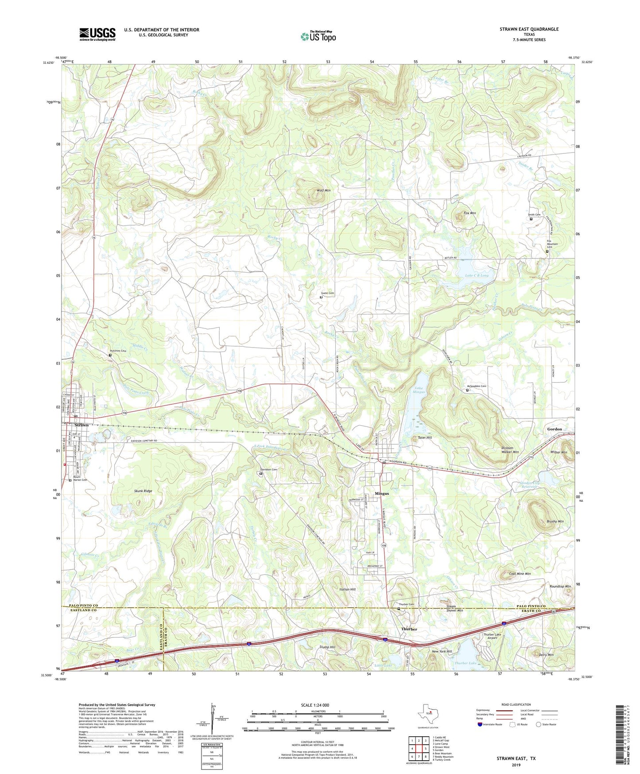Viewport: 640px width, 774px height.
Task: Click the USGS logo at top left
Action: pyautogui.click(x=97, y=34)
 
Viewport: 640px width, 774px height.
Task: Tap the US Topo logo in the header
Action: pyautogui.click(x=318, y=36)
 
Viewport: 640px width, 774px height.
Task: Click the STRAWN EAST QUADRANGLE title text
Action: pyautogui.click(x=529, y=29)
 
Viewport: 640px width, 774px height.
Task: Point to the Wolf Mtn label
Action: pyautogui.click(x=323, y=190)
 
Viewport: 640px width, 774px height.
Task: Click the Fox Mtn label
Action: pyautogui.click(x=469, y=213)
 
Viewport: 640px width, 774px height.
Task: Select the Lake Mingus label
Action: pyautogui.click(x=419, y=390)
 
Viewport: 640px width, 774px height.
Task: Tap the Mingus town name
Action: pyautogui.click(x=381, y=493)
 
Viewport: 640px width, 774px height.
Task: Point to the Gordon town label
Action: pyautogui.click(x=554, y=429)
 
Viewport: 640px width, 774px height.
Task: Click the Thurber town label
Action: pyautogui.click(x=409, y=629)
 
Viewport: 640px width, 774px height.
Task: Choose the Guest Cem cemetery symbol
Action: pyautogui.click(x=321, y=297)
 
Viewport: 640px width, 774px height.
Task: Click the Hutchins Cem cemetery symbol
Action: pyautogui.click(x=110, y=355)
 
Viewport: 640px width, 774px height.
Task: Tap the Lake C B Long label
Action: pyautogui.click(x=477, y=275)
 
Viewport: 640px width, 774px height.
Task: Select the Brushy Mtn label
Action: pyautogui.click(x=555, y=521)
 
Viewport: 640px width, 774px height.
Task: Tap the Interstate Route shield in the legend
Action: pyautogui.click(x=480, y=724)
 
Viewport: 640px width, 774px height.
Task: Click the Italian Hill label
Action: pyautogui.click(x=347, y=590)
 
